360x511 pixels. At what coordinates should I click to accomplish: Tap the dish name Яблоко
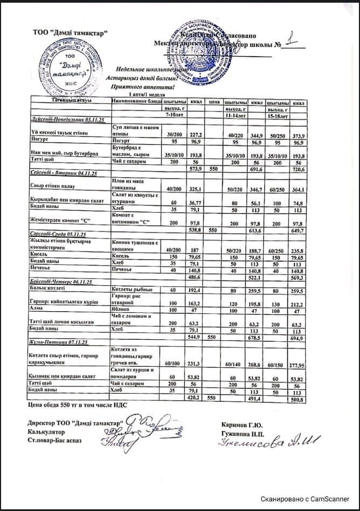click(x=121, y=311)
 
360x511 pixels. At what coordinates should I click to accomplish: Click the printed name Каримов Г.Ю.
click(x=241, y=423)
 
